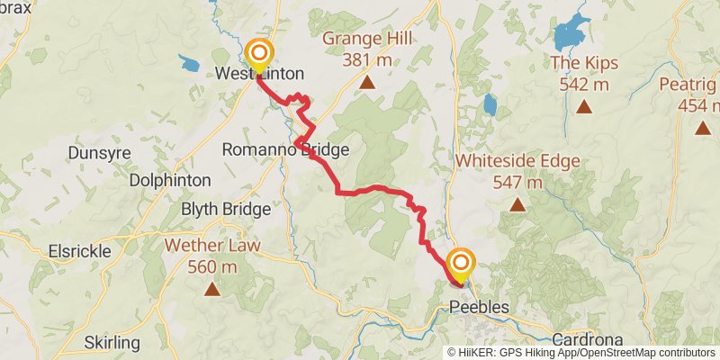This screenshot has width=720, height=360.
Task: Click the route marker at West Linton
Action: coord(259,55)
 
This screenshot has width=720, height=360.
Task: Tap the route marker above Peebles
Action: coord(461,263)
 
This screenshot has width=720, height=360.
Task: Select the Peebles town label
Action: coord(479,308)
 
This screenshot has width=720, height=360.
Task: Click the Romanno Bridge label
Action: coord(273,149)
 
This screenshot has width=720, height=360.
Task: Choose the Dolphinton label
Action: coord(170,180)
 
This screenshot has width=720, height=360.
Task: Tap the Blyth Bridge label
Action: coord(226,210)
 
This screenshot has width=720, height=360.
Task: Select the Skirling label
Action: coord(112,343)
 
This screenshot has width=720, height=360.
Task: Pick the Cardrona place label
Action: coord(587,340)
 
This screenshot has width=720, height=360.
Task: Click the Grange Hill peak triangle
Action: coord(367,84)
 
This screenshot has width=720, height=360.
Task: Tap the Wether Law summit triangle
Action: coord(211,289)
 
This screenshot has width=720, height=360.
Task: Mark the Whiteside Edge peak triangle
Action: coord(517,204)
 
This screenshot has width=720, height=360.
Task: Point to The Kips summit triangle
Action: coord(584,107)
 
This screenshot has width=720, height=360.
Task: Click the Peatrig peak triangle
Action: coord(702,128)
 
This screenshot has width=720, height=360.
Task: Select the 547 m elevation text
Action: coord(517,183)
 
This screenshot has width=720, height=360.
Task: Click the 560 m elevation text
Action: coord(212,266)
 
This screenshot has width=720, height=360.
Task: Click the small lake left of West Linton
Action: coord(190,63)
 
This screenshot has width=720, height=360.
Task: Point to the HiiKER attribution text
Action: coord(582,353)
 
